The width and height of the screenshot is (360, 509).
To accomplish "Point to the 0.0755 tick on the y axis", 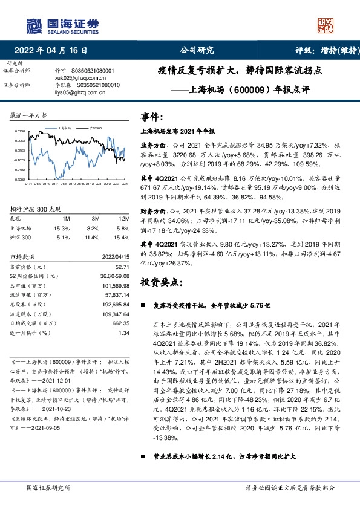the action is click(19, 131).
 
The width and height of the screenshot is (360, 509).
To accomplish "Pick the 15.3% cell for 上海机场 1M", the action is click(62, 228).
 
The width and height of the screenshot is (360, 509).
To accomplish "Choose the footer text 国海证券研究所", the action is click(48, 488).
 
